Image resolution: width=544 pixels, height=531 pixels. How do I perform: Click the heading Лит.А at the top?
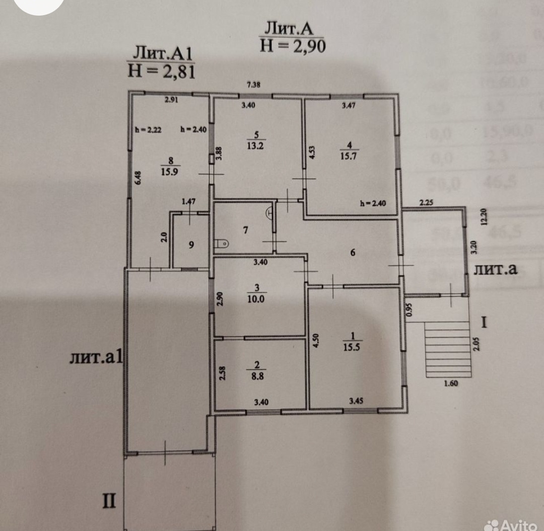[x=292, y=28]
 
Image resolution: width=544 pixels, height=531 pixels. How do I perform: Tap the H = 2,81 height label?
[x=161, y=70]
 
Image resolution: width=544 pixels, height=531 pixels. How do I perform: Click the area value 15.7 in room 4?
[x=349, y=156]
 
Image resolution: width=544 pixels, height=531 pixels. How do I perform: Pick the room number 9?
[x=191, y=245]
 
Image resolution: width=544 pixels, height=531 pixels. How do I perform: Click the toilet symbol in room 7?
[x=222, y=244]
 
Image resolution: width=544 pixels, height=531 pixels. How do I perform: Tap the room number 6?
[x=353, y=253]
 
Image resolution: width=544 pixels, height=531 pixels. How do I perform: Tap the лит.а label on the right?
[x=496, y=269]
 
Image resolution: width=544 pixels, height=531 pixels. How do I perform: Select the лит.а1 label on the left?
[x=96, y=358]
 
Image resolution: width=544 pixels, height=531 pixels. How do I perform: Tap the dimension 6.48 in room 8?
[x=138, y=178]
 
